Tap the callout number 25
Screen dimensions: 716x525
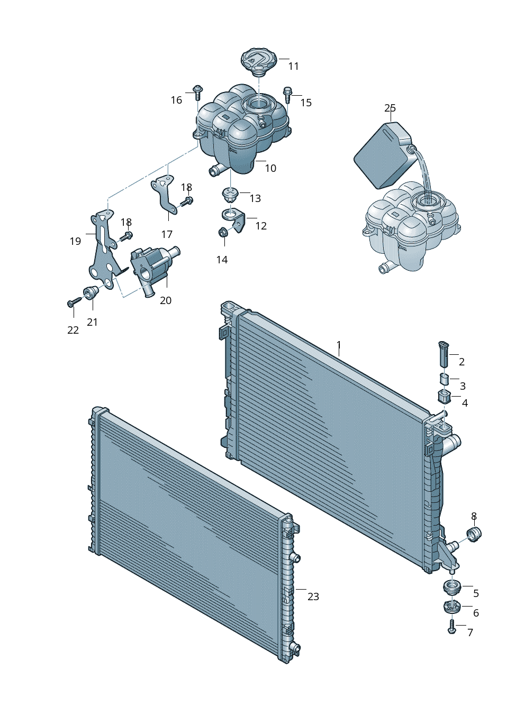pos(390,108)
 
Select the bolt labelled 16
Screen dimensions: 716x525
pos(198,92)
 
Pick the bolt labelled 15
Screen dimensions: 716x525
pos(287,95)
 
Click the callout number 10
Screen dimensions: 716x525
pos(270,169)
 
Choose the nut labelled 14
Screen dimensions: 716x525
pos(223,232)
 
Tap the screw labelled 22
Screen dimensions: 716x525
pos(73,303)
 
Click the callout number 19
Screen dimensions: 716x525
pos(75,241)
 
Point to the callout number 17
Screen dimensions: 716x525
pos(167,234)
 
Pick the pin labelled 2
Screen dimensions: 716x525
pos(444,354)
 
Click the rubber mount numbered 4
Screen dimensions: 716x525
pos(443,397)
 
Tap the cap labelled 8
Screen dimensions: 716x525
pos(474,534)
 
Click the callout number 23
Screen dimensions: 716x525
pos(313,596)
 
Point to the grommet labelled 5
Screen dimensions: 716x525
pos(451,587)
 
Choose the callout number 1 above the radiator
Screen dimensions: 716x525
pos(339,346)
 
